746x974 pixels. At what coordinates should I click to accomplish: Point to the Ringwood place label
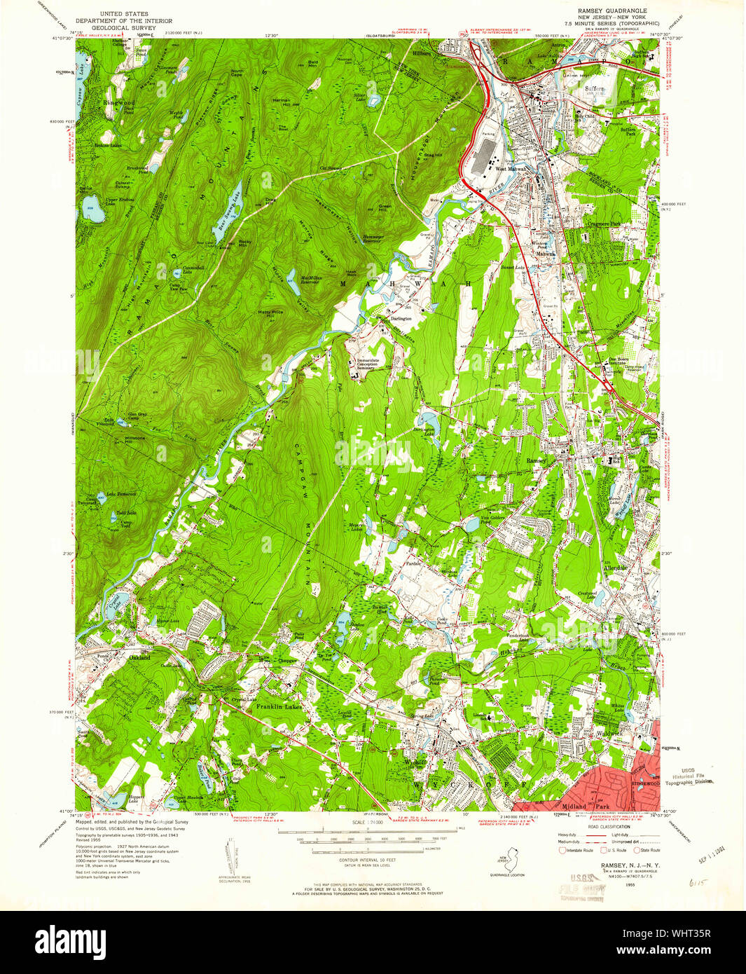tap(118, 103)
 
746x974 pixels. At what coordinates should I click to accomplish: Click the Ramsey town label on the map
tap(537, 460)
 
